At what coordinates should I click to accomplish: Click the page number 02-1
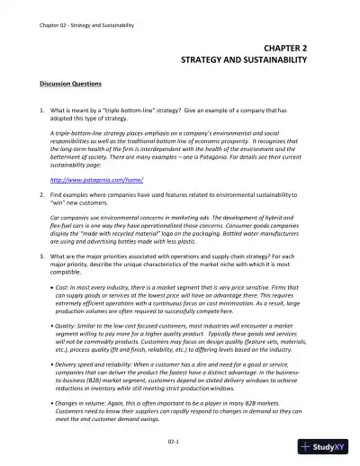point(183,444)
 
